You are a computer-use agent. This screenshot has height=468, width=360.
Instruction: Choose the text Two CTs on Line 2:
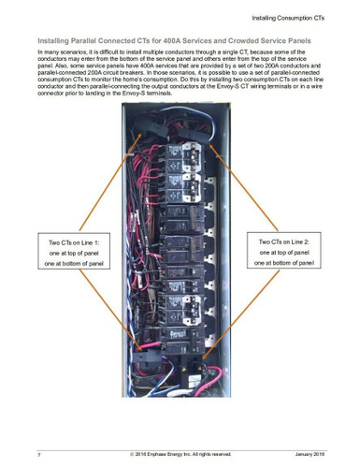(289, 241)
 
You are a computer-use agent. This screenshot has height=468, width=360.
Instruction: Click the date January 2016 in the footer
(309, 453)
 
